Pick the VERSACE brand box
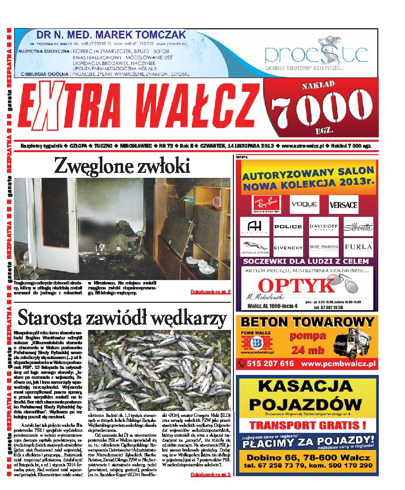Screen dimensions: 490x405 pyautogui.click(x=343, y=204)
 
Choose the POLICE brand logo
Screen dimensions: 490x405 pyautogui.click(x=288, y=226)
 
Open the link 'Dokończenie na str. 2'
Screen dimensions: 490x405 pyautogui.click(x=211, y=292)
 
